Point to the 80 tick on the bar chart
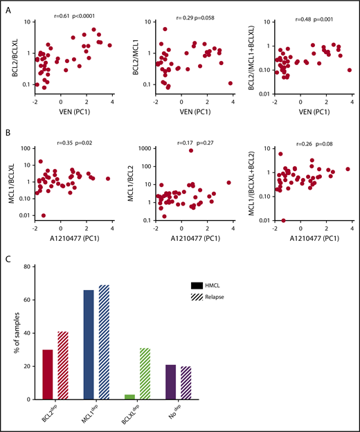tap(35, 267)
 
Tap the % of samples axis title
tap(16, 333)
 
